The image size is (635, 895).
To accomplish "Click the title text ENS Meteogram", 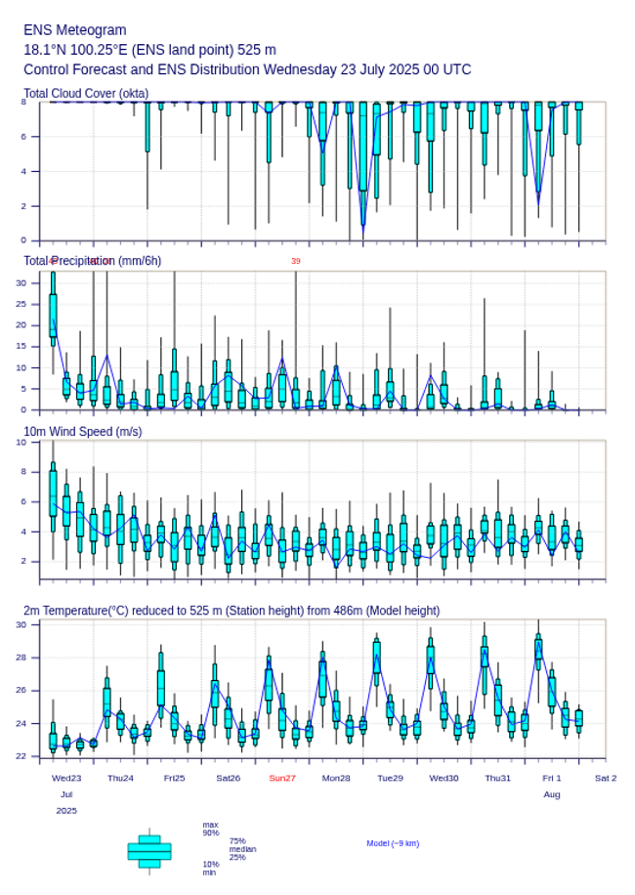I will point(75,30).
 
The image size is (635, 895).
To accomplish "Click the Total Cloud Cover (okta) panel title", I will point(86,94).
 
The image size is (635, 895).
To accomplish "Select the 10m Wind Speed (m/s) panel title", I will point(82,431).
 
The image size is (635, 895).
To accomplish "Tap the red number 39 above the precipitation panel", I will point(295,261).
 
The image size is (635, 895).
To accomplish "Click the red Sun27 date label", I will point(282,778).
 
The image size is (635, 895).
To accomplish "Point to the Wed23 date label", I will point(66,778).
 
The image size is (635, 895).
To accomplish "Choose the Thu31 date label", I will point(498,778).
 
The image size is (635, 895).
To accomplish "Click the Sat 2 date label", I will point(606,778).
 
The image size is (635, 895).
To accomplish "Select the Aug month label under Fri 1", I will point(552,794).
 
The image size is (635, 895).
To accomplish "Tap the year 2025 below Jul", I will point(66,811).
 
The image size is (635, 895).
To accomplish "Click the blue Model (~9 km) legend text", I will point(393,843).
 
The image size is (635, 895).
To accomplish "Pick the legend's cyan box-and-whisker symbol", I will point(149,851).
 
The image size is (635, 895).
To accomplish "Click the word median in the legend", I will point(242,849).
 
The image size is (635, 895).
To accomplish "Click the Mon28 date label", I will point(336,778).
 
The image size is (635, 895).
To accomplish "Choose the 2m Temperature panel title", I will point(232,611).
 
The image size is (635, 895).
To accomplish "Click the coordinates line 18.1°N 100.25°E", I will point(149,50).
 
